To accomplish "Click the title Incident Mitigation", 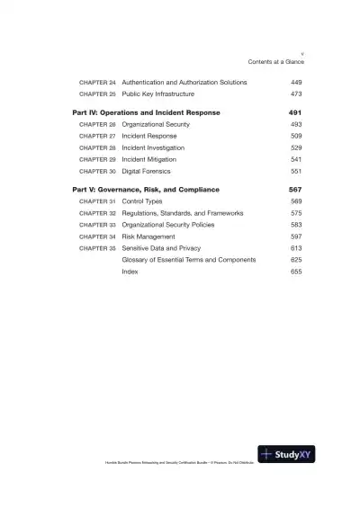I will pos(150,158).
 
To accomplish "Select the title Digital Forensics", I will pos(148,170).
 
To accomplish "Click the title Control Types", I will pos(143,202).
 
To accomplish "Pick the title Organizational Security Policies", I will pos(175,225).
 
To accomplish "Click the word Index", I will pos(130,271).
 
